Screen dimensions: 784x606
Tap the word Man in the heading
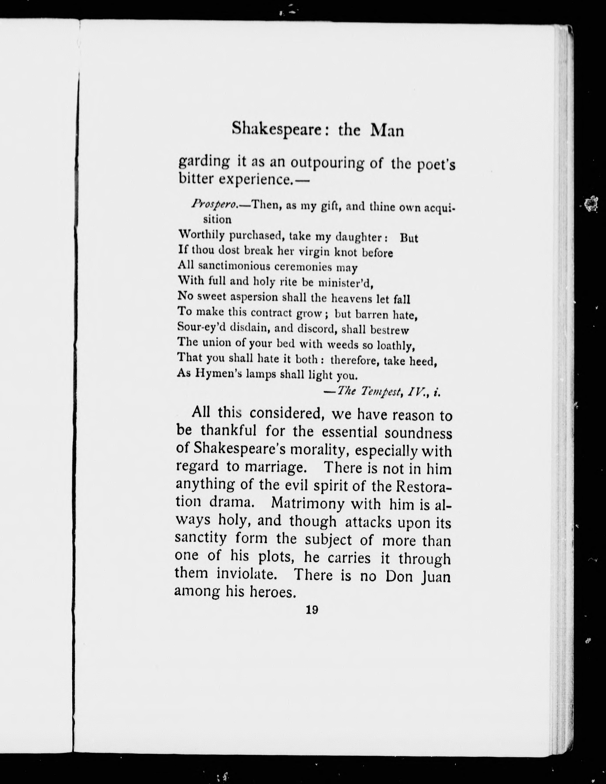pos(387,131)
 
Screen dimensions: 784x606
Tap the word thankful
pos(229,430)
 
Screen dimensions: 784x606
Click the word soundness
pos(418,433)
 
